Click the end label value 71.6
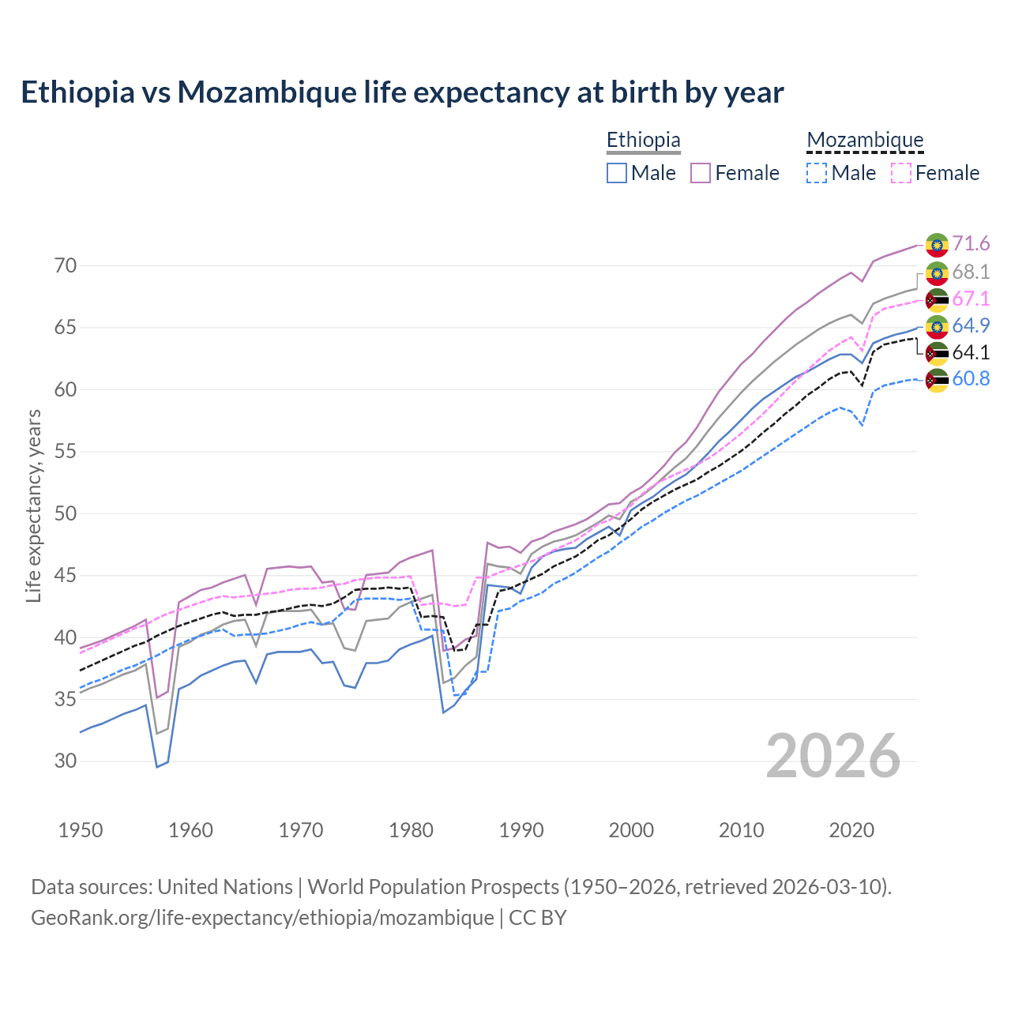[x=971, y=244]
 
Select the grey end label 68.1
[x=971, y=272]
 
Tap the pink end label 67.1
[x=971, y=299]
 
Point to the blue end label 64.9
[x=971, y=325]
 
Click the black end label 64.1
[x=971, y=352]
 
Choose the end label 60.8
[x=971, y=379]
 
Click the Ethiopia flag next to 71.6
[x=937, y=245]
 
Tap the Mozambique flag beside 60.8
[x=937, y=380]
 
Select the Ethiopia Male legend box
[x=617, y=173]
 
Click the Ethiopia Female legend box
[x=701, y=173]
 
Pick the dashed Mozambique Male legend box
[x=817, y=173]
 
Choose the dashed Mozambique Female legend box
[x=901, y=173]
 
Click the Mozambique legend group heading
[x=865, y=141]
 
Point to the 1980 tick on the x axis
[x=412, y=830]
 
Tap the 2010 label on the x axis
[x=741, y=830]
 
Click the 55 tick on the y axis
[x=66, y=452]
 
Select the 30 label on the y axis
[x=66, y=761]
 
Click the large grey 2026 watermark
[x=833, y=756]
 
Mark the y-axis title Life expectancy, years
[x=34, y=506]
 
